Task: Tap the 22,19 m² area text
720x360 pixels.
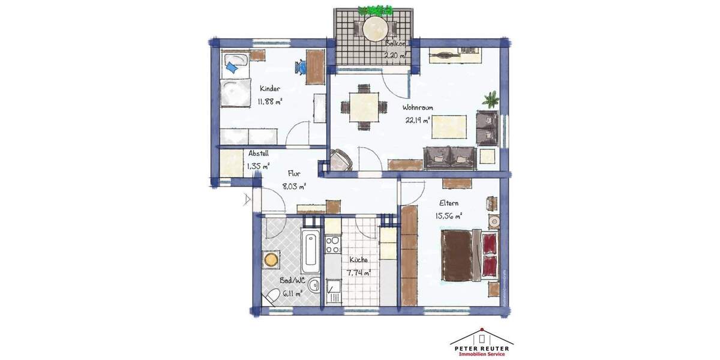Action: pos(418,120)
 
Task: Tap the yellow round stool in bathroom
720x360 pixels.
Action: pos(272,259)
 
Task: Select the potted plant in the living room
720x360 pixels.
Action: pos(491,99)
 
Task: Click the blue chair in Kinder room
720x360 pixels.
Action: pos(300,67)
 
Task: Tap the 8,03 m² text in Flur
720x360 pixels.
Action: pos(295,187)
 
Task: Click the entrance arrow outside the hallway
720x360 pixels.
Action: pos(248,199)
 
